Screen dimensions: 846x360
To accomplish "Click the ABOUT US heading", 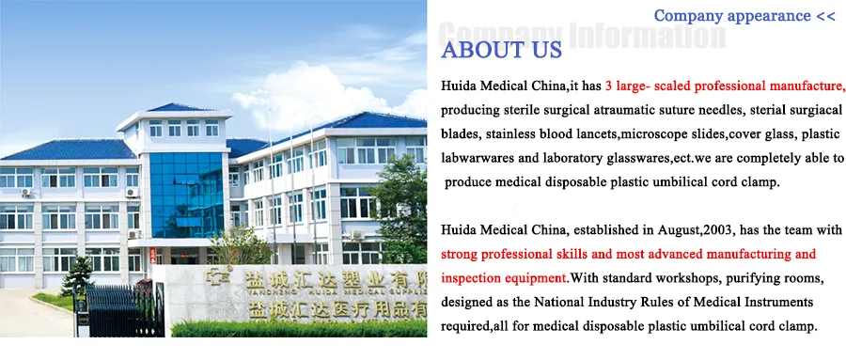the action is coord(501,50).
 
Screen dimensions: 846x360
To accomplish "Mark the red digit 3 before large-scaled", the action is coord(608,86).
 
